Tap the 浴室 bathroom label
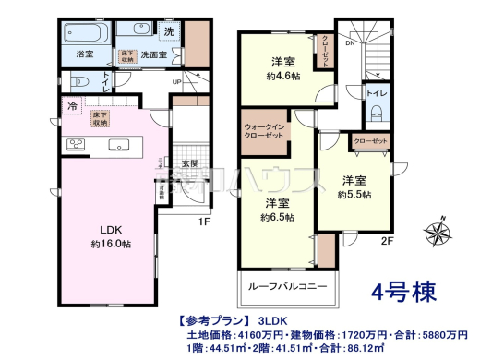[x=85, y=54]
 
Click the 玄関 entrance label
[x=191, y=163]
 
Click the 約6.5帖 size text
[x=278, y=217]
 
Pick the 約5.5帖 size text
[x=354, y=195]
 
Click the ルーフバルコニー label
[x=288, y=287]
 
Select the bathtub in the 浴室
[x=89, y=32]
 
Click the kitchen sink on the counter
[x=119, y=143]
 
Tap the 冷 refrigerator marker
[x=71, y=105]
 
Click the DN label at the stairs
[x=349, y=42]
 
